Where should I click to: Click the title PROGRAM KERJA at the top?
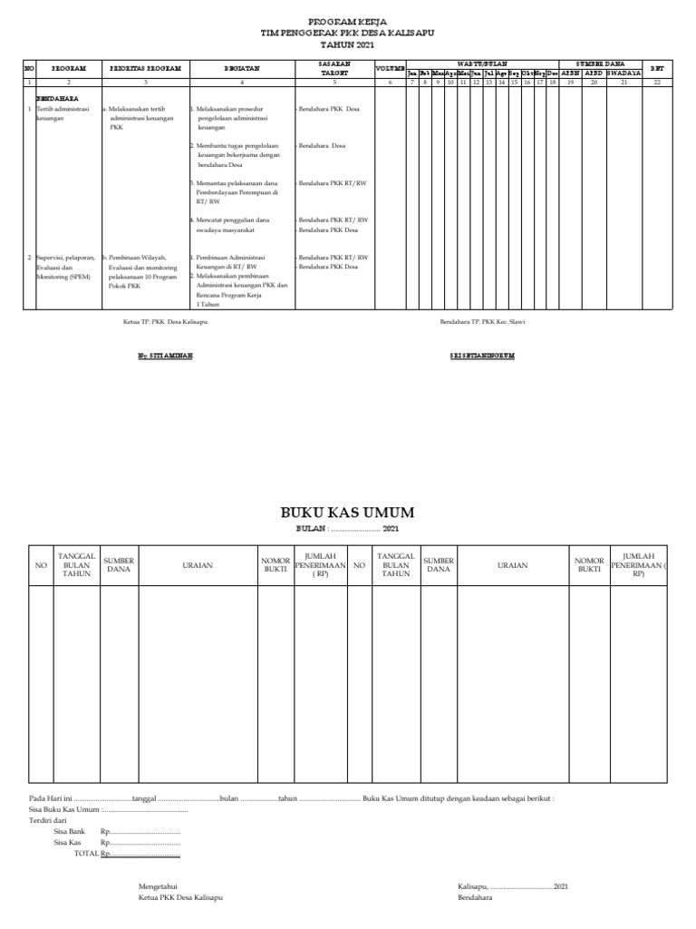347,20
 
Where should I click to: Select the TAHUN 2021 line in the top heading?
347,44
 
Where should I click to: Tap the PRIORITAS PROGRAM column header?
145,68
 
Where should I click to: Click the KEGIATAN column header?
239,68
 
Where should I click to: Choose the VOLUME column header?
390,69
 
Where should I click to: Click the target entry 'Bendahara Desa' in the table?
322,145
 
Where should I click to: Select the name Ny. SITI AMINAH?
165,356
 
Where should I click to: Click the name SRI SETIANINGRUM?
482,356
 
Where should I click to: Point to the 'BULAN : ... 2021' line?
347,528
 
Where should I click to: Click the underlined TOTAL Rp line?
126,854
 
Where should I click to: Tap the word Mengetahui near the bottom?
158,885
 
